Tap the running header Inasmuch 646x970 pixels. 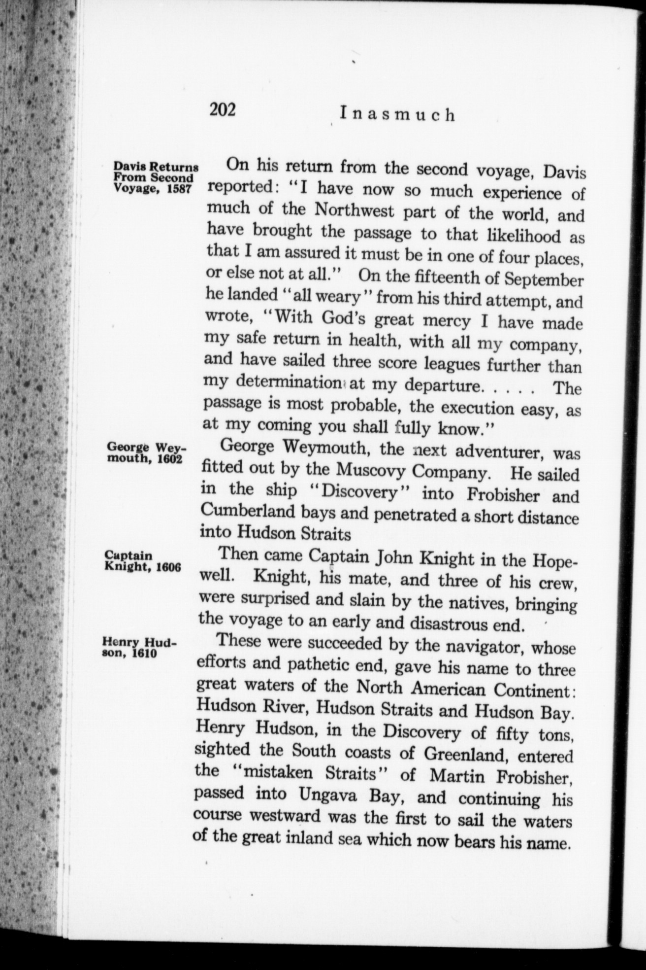point(397,115)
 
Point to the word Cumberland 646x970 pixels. point(250,511)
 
